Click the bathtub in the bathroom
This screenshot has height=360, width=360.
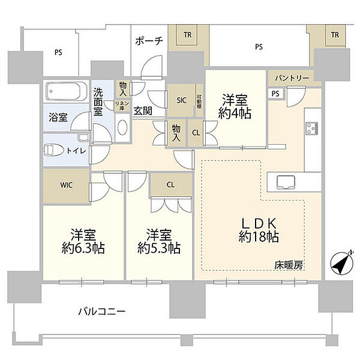pos(65,92)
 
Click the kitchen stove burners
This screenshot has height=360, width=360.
pos(313,127)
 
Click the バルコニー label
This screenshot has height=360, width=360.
pos(101,311)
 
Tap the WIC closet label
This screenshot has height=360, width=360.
pos(67,184)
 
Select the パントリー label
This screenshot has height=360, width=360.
pos(293,79)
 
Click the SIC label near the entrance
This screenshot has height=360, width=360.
pos(181,101)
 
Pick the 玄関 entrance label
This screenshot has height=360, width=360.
pos(142,110)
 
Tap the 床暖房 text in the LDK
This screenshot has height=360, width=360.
pos(289,265)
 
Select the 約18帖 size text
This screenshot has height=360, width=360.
pos(258,236)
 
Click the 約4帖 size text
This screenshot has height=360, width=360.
pos(235,112)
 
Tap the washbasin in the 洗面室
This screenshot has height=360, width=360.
pos(122,128)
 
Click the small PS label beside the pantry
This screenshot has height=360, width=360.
pos(275,94)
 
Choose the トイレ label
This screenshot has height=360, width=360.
pos(79,151)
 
